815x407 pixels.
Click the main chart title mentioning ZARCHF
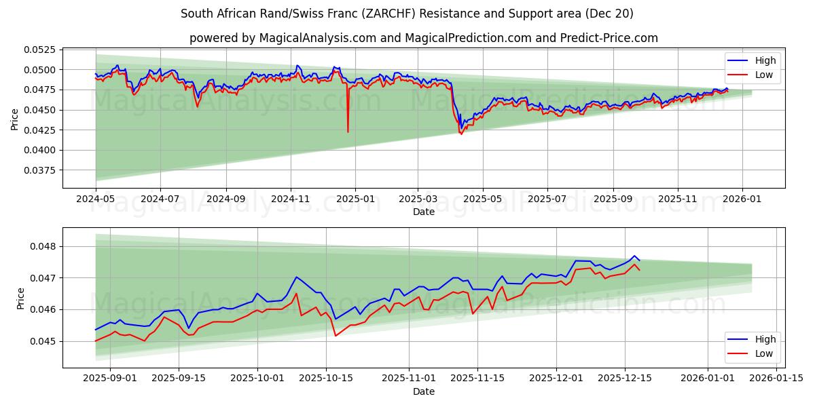click(407, 14)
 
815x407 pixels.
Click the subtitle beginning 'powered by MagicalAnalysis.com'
click(423, 38)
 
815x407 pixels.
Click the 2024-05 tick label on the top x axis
click(96, 200)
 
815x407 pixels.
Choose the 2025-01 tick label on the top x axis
click(355, 200)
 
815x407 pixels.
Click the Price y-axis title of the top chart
click(15, 119)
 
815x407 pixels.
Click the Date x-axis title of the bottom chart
click(424, 391)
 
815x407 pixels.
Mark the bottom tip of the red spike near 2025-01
click(348, 132)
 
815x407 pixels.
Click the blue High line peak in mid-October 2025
click(296, 277)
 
